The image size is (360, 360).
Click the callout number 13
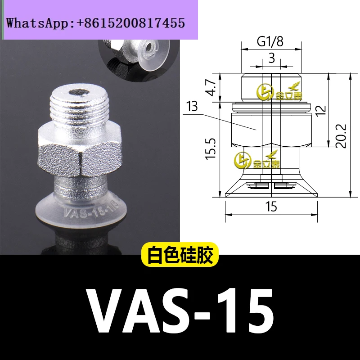pos(192,107)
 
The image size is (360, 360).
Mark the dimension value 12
pos(320,111)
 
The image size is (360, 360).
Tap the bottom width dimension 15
pos(271,207)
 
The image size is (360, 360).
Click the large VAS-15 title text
pos(180,310)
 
